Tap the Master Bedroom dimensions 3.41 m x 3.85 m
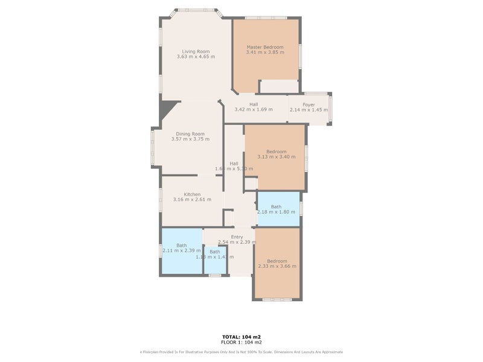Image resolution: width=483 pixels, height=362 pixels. (x=265, y=52)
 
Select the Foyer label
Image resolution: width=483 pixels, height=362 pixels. (x=309, y=105)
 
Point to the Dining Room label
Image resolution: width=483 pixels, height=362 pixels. (x=190, y=134)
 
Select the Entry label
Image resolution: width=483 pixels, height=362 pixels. (x=237, y=237)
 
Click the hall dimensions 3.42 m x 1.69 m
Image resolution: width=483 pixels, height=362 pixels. (x=253, y=110)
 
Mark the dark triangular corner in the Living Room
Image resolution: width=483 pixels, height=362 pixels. (x=165, y=110)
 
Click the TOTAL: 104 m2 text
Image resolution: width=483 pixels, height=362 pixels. (x=241, y=337)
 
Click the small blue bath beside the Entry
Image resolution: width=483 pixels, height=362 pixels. (x=214, y=259)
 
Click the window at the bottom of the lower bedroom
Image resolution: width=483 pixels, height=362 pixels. (x=277, y=299)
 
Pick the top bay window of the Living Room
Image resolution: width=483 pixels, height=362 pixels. (x=196, y=10)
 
